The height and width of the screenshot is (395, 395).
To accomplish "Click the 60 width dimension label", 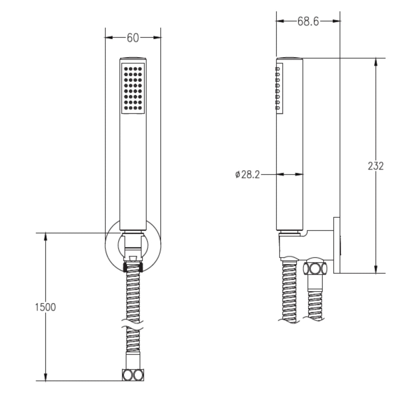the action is click(x=133, y=38).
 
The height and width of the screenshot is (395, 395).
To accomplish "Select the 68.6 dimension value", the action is click(x=308, y=21).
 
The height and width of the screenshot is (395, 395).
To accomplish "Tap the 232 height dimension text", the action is click(x=376, y=166).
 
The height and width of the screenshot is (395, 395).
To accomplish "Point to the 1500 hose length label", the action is click(x=45, y=307).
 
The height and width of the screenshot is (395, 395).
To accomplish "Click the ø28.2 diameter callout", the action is click(x=247, y=174).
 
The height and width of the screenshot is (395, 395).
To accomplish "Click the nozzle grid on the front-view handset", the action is click(x=133, y=88).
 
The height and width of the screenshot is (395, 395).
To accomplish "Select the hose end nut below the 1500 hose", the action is click(x=133, y=375).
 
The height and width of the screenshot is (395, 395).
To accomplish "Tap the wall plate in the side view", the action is click(x=337, y=245).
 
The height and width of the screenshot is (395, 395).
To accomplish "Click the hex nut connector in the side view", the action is click(x=315, y=268).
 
